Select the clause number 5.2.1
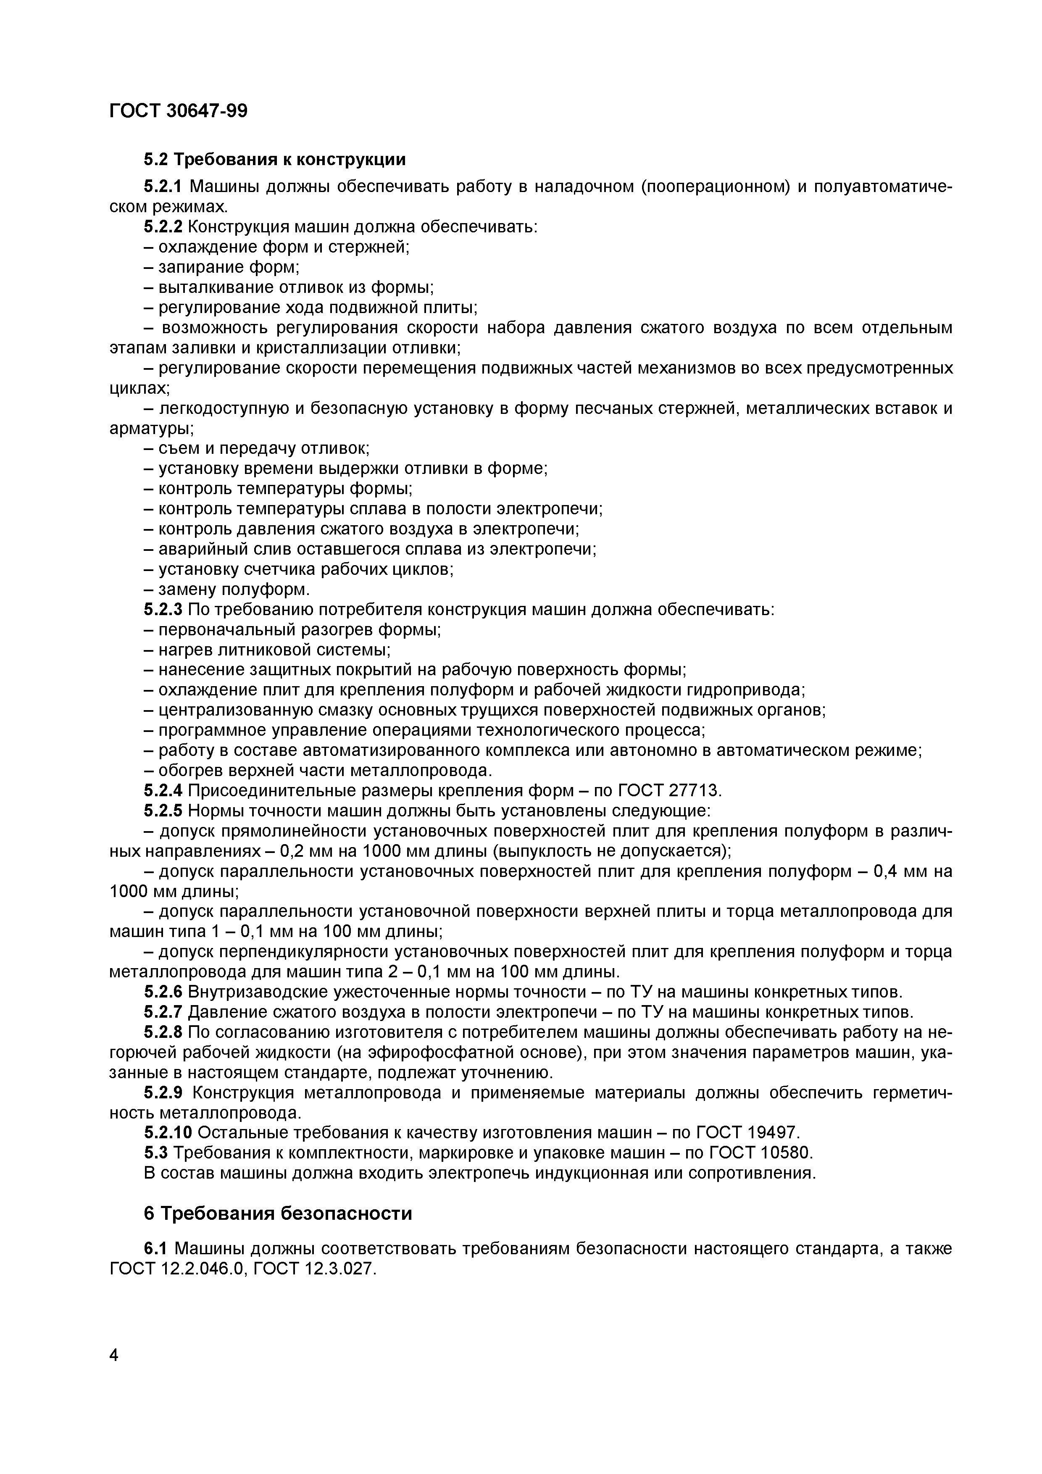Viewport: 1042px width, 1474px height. click(163, 187)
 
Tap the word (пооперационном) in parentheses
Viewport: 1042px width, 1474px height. click(715, 187)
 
